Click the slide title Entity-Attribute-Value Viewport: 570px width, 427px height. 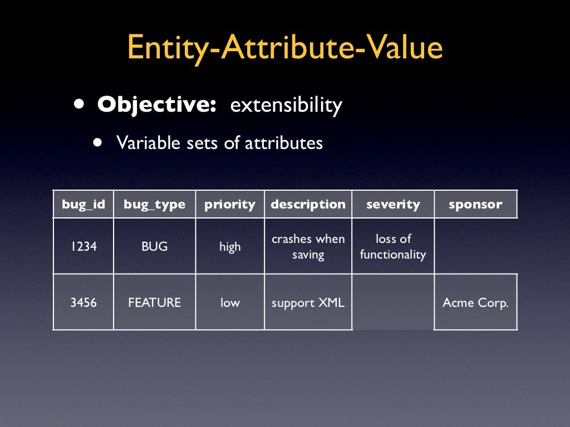click(284, 48)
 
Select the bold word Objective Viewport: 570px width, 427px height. click(156, 105)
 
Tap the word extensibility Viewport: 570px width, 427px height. click(286, 105)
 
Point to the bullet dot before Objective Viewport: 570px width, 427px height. click(81, 105)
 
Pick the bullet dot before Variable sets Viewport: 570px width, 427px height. click(99, 142)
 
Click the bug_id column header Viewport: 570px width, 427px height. click(83, 204)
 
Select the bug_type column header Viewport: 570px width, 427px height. click(154, 204)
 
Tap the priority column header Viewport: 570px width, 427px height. click(229, 204)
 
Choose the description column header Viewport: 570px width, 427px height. click(308, 204)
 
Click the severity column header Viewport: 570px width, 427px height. click(393, 204)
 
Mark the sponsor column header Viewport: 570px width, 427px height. click(475, 204)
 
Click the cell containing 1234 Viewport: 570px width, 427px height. click(83, 246)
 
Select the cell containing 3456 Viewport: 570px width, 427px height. click(83, 303)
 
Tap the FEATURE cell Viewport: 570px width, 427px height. click(154, 303)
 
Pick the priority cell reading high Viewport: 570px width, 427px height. click(230, 247)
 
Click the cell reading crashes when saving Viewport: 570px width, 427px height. click(308, 247)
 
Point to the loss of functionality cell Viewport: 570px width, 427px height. click(393, 247)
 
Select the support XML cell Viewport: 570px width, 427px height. click(308, 303)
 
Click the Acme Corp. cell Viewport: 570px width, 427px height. click(475, 303)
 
